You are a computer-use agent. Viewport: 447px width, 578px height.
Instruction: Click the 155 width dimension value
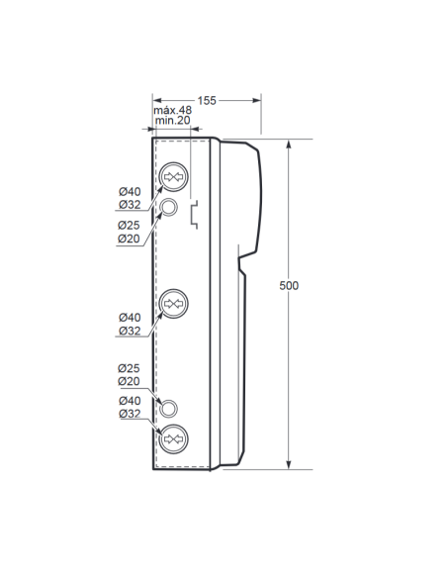(207, 101)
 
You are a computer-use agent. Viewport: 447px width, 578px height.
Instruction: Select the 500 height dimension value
(289, 286)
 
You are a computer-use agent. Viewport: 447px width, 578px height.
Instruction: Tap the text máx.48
(173, 110)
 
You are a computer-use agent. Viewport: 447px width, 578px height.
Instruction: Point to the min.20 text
(173, 120)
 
